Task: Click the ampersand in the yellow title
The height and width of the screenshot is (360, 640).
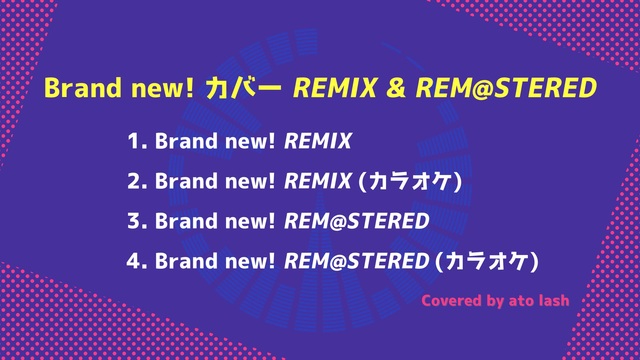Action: [395, 88]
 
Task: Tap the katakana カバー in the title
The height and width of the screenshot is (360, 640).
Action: [243, 88]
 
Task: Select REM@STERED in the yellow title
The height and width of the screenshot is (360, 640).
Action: [506, 88]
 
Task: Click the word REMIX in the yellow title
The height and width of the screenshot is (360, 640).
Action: [335, 88]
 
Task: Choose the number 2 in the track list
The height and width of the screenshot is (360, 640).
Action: [136, 181]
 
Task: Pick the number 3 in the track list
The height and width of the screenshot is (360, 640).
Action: [136, 221]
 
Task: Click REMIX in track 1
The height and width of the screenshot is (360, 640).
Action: [318, 141]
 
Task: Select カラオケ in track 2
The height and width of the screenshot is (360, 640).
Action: [410, 181]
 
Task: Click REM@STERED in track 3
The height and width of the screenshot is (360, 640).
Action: [357, 221]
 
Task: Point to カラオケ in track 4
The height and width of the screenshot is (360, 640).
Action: [487, 261]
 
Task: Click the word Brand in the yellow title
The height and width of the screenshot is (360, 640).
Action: [83, 88]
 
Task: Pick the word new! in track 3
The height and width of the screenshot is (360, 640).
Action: [250, 221]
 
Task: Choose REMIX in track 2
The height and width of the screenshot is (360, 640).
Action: [318, 181]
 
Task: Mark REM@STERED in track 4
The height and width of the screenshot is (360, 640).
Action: [357, 261]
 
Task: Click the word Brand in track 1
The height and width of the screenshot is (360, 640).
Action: [186, 141]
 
